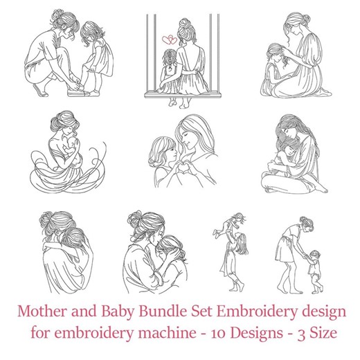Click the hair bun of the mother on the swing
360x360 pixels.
(x=186, y=26)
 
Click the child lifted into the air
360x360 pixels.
(x=233, y=226)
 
